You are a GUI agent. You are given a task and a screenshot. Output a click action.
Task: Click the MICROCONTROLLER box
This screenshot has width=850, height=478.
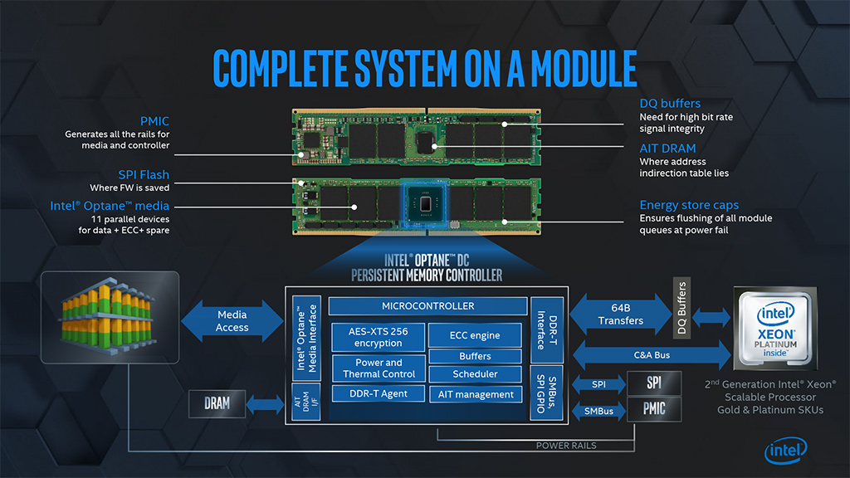[428, 306]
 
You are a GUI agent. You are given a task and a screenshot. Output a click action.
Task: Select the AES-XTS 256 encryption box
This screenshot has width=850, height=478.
[379, 337]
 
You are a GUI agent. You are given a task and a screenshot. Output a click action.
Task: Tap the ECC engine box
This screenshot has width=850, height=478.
[475, 335]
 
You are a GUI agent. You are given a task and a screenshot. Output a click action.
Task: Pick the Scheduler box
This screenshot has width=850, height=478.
[475, 374]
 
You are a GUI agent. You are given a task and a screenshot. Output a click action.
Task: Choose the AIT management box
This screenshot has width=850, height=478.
[475, 394]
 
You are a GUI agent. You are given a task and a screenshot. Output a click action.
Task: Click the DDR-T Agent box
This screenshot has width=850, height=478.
[379, 393]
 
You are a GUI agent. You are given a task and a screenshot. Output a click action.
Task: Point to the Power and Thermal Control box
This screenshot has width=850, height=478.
[379, 368]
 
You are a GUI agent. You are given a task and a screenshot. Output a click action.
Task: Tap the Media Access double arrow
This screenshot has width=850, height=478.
[232, 321]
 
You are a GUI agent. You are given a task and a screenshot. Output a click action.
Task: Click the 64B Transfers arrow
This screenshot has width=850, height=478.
[621, 315]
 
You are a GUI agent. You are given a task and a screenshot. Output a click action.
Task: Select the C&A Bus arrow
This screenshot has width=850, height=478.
[651, 355]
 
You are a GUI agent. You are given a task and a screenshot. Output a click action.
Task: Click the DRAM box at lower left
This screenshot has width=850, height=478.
[217, 404]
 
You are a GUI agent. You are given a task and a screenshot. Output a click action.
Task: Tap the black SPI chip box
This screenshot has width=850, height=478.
[655, 383]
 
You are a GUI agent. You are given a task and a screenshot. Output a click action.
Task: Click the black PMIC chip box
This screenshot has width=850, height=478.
[655, 409]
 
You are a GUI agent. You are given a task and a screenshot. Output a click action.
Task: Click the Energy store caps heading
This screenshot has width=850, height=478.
[689, 205]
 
